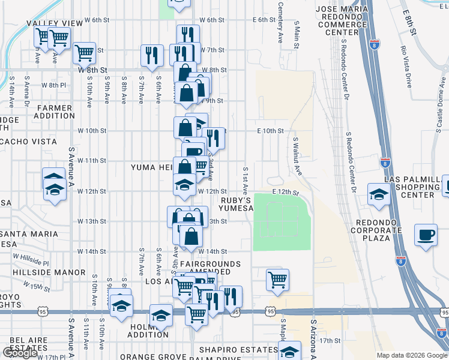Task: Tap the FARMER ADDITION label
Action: click(54, 112)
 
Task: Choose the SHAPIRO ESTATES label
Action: click(240, 350)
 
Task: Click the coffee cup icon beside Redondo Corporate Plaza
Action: click(426, 235)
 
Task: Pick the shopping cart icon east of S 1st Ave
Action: click(277, 280)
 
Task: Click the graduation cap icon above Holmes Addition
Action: click(161, 315)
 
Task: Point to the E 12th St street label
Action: click(285, 191)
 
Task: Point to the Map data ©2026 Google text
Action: click(412, 355)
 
